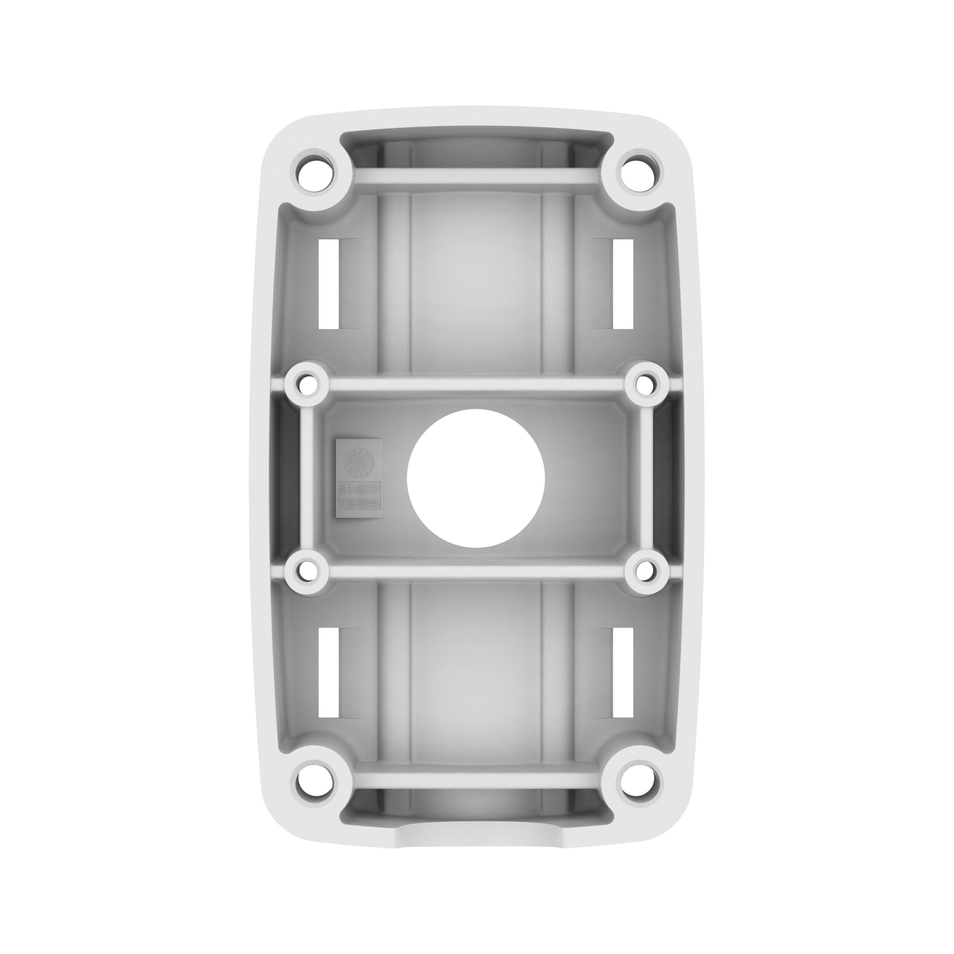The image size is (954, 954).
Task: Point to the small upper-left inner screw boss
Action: (x=306, y=382)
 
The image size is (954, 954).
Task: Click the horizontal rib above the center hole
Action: (x=476, y=383)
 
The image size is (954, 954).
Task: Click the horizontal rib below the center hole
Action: (x=476, y=568)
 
